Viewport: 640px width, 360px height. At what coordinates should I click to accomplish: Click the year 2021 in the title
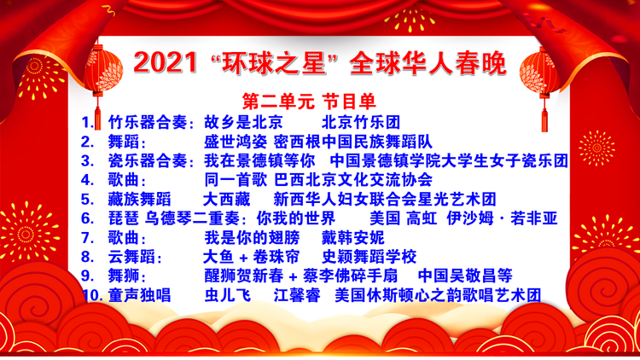pos(166,62)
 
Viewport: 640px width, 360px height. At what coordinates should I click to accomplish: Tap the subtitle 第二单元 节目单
pos(309,102)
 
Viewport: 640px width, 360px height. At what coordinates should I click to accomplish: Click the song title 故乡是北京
pos(244,122)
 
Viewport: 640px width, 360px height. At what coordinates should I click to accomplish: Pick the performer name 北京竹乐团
pos(361,122)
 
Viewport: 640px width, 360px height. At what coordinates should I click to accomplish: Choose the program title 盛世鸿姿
pos(236,142)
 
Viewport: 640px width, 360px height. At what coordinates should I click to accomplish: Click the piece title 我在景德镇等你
pos(259,161)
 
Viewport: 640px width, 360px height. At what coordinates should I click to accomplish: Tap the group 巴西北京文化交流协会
pos(353,180)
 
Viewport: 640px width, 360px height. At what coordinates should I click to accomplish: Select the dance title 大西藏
pos(226,200)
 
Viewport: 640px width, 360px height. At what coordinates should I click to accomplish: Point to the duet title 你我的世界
pos(296,218)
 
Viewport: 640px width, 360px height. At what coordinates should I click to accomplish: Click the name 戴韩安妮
pos(353,237)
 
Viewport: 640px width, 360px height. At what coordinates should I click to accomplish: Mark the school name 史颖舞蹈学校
pos(369,257)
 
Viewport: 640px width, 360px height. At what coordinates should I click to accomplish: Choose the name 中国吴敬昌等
pos(465,276)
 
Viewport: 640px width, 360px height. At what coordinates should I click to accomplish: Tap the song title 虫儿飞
pos(228,295)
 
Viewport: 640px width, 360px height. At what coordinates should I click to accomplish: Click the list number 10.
pos(92,295)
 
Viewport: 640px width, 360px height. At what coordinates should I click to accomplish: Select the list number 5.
pos(87,200)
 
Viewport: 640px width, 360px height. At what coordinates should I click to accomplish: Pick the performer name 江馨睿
pos(297,295)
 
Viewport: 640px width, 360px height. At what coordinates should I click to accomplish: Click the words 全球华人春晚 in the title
pos(428,63)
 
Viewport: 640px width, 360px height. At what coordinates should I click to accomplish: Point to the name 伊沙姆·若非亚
pos(502,218)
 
